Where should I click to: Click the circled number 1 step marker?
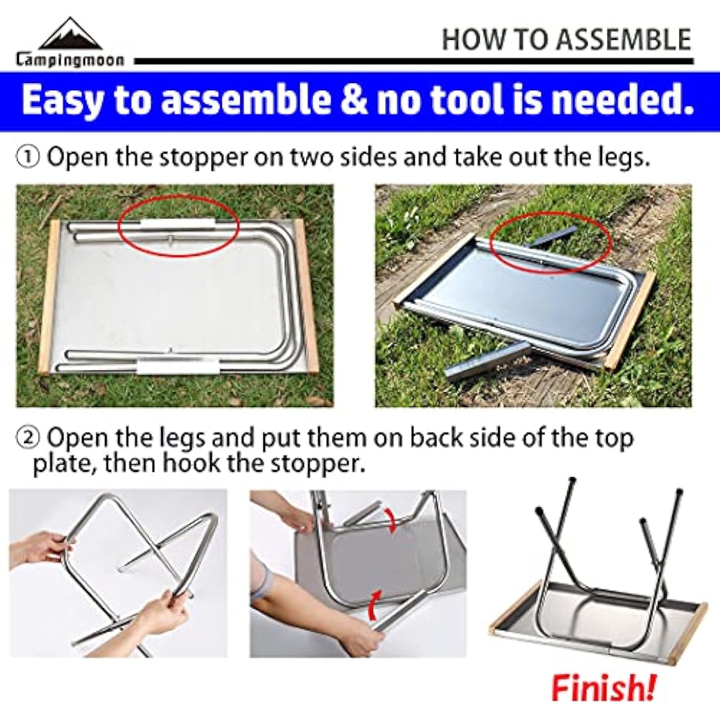pyautogui.click(x=28, y=158)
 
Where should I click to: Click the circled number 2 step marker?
pyautogui.click(x=28, y=437)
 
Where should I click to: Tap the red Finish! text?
pyautogui.click(x=602, y=687)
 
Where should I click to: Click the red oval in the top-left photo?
pyautogui.click(x=177, y=225)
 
